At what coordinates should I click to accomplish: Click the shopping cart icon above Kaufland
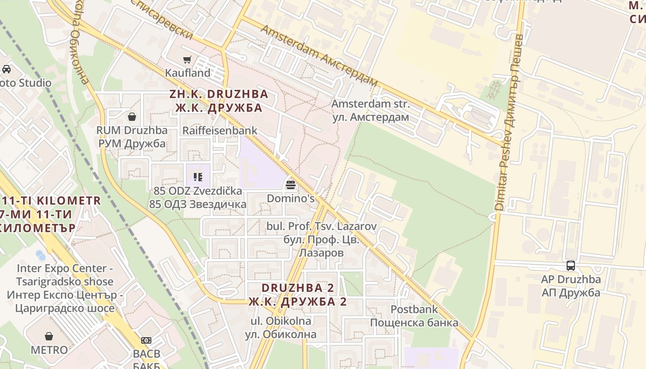(x=187, y=60)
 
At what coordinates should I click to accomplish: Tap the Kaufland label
(x=187, y=73)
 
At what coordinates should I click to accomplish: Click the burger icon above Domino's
(x=291, y=185)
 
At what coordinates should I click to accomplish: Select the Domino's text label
(x=291, y=199)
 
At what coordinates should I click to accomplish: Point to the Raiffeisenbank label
(x=220, y=131)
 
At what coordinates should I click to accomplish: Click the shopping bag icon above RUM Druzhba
(x=132, y=117)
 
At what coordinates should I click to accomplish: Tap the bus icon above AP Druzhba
(x=571, y=266)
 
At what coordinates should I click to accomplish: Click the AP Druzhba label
(x=571, y=286)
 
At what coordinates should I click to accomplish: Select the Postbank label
(x=414, y=316)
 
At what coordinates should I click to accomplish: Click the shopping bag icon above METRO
(x=49, y=336)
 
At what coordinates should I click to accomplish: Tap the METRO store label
(x=49, y=350)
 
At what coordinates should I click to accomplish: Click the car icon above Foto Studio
(x=6, y=69)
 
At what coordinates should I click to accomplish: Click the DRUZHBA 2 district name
(x=297, y=295)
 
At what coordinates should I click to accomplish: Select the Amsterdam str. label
(x=371, y=111)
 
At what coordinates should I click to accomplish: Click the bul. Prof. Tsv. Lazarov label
(x=322, y=239)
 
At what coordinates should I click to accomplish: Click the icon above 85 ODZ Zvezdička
(x=198, y=177)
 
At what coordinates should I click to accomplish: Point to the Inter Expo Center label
(x=65, y=288)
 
